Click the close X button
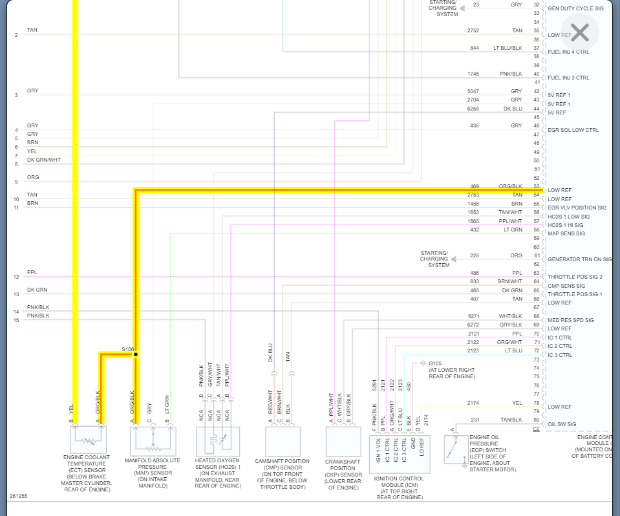[580, 32]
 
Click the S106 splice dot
[136, 354]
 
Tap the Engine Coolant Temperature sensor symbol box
[89, 440]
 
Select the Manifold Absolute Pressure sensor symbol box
[153, 441]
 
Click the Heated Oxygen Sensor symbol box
[218, 441]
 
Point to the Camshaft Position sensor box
[283, 441]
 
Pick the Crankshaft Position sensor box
[343, 441]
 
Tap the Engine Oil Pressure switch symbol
[456, 449]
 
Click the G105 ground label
[435, 363]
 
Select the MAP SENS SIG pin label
[566, 234]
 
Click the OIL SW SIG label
[562, 425]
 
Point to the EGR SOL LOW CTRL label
[573, 130]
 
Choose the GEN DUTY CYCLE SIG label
[575, 8]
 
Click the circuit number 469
[475, 186]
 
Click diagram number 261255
[18, 497]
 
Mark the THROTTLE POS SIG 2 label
[575, 277]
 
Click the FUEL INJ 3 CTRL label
[568, 78]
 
